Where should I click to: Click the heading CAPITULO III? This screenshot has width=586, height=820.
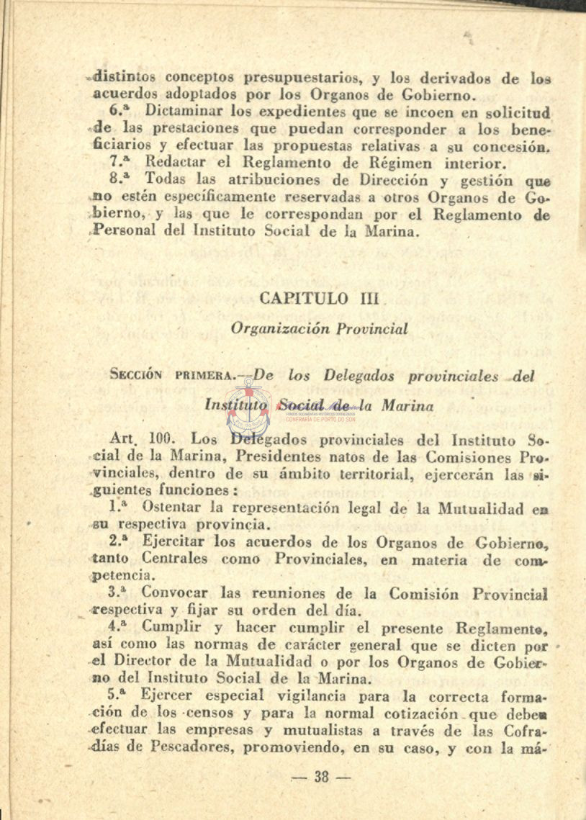[x=313, y=299]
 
